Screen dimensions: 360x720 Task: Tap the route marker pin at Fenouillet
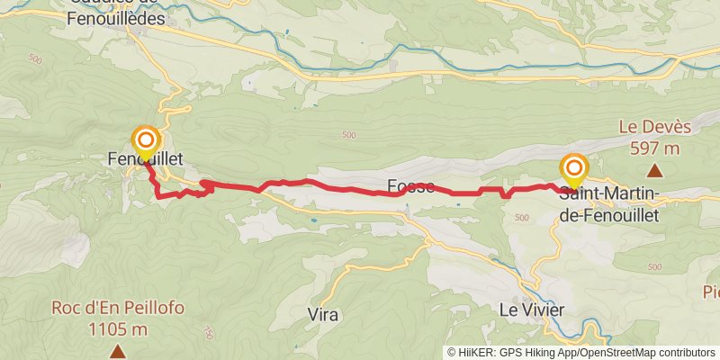point(146,142)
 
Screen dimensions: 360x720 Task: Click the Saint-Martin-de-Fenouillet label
point(610,205)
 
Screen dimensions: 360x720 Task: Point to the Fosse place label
point(410,186)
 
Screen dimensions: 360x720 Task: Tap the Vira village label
point(322,314)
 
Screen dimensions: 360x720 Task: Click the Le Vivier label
point(532,310)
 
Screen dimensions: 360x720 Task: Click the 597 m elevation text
point(654,148)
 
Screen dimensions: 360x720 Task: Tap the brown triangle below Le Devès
point(655,170)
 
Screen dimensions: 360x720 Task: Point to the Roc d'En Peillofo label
point(118,308)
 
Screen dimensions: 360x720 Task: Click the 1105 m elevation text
point(118,328)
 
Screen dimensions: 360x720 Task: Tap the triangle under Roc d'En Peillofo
point(118,350)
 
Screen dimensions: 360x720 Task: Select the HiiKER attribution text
point(508,353)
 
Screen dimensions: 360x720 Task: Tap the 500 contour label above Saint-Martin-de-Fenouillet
point(349,136)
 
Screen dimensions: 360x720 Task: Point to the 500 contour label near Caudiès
point(35,59)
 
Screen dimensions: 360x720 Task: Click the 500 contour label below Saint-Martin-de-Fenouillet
point(522,218)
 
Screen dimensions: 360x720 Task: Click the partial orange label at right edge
point(712,292)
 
